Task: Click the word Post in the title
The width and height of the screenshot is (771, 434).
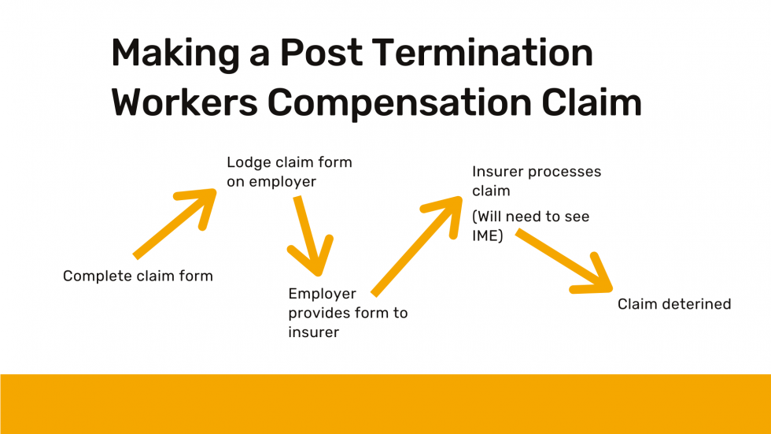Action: (322, 54)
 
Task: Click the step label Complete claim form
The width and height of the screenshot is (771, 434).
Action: (138, 276)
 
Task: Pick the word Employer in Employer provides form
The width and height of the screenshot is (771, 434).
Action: (322, 294)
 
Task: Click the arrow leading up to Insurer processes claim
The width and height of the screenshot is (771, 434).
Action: (418, 245)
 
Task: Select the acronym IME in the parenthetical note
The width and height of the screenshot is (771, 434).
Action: (488, 235)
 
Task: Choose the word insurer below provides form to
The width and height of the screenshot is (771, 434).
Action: (313, 332)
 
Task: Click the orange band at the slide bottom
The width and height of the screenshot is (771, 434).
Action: (385, 403)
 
